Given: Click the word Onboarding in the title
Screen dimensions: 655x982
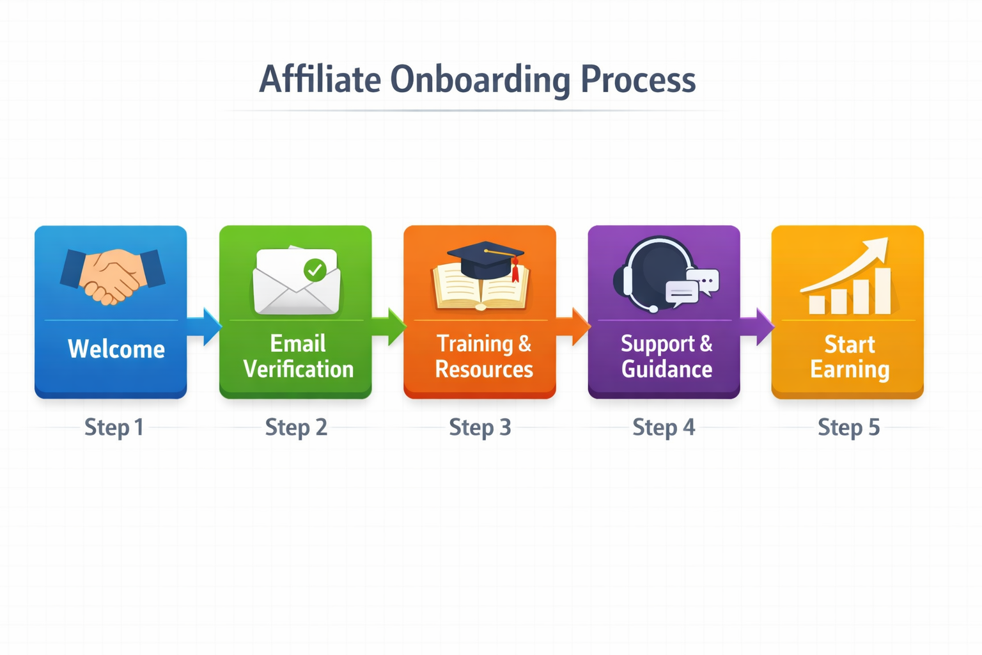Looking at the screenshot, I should [480, 80].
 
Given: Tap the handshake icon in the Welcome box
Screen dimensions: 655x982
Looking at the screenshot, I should [113, 274].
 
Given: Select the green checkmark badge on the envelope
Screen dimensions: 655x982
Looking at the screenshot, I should [315, 270].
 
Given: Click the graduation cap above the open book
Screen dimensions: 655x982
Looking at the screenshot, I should [486, 258].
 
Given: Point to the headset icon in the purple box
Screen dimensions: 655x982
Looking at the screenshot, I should [652, 274].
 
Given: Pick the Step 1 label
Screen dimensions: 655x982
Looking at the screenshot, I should [114, 427].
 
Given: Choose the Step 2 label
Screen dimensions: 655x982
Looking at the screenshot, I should [296, 427].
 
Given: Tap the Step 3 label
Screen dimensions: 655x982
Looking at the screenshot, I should [480, 427].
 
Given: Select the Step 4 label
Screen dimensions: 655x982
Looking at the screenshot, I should [664, 427].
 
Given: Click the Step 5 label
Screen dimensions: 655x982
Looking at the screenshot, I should [848, 427].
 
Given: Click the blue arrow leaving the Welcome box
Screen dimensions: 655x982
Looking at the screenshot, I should [205, 326].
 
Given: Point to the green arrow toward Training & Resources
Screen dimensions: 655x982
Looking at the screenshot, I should [389, 326].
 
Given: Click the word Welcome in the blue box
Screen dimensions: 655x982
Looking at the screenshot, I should [116, 349].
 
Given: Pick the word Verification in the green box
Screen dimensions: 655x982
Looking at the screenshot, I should [299, 369].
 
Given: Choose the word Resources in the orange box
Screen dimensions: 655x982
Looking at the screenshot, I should [484, 369].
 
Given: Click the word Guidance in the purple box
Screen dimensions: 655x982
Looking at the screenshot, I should [667, 369].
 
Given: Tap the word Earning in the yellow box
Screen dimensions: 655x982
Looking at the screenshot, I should [850, 370].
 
